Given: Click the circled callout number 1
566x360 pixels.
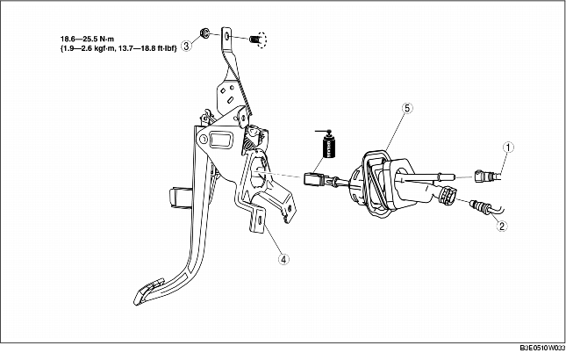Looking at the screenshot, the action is pyautogui.click(x=508, y=148).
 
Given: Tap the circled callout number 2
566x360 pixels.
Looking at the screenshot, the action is pyautogui.click(x=501, y=227).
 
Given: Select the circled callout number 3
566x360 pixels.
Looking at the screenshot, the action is pyautogui.click(x=186, y=46).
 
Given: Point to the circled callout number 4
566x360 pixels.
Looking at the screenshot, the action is pyautogui.click(x=283, y=259).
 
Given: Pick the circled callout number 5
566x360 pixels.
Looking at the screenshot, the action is pyautogui.click(x=407, y=108).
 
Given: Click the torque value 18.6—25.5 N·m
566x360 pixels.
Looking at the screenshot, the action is pyautogui.click(x=87, y=39).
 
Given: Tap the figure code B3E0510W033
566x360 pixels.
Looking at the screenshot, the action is pyautogui.click(x=542, y=348).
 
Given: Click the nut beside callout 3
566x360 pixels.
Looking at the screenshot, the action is pyautogui.click(x=204, y=33).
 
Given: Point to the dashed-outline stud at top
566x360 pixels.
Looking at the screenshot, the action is pyautogui.click(x=258, y=39).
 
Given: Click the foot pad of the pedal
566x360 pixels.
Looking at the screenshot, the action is pyautogui.click(x=148, y=291).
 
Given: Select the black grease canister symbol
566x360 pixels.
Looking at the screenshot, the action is pyautogui.click(x=328, y=145).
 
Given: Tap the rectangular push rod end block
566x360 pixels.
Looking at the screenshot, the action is pyautogui.click(x=313, y=180).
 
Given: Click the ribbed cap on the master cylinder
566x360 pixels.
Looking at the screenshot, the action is pyautogui.click(x=448, y=195).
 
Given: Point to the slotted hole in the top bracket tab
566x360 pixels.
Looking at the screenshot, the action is pyautogui.click(x=226, y=37).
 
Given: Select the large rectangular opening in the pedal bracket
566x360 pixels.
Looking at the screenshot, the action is pyautogui.click(x=220, y=140).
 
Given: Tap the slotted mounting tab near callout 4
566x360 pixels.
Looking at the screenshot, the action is pyautogui.click(x=257, y=220).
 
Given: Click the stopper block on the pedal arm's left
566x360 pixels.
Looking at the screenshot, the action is pyautogui.click(x=178, y=198).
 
